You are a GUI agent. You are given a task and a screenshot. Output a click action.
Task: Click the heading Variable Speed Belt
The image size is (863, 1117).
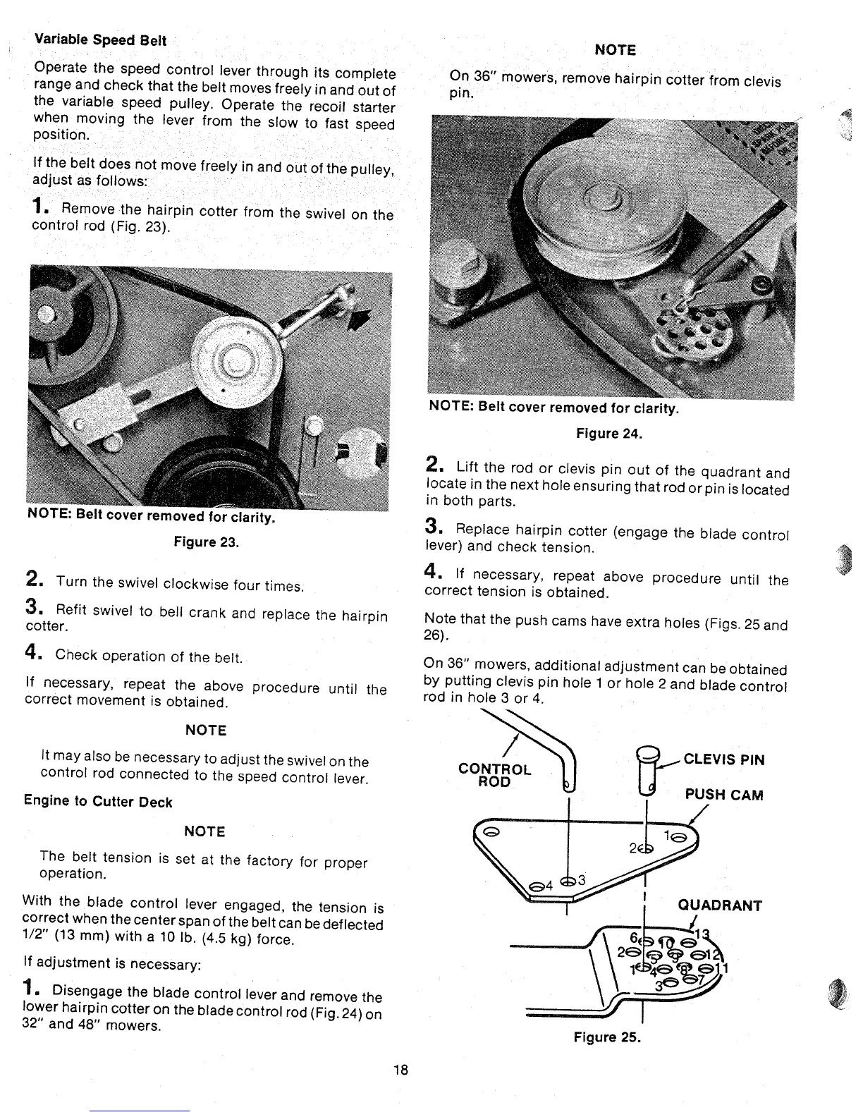click(x=100, y=40)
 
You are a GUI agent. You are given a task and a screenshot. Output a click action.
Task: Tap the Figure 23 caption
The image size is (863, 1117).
click(x=206, y=542)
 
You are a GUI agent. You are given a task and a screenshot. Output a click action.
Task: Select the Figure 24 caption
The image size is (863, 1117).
click(x=608, y=434)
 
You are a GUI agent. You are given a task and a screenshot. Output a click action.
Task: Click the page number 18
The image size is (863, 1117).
click(x=401, y=1070)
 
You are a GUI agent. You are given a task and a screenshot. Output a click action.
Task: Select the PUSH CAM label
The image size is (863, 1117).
click(x=724, y=795)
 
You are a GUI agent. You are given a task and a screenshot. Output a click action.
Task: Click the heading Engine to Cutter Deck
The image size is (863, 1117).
click(x=97, y=802)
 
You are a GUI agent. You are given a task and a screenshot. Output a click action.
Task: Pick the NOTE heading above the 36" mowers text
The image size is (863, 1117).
click(x=615, y=50)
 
